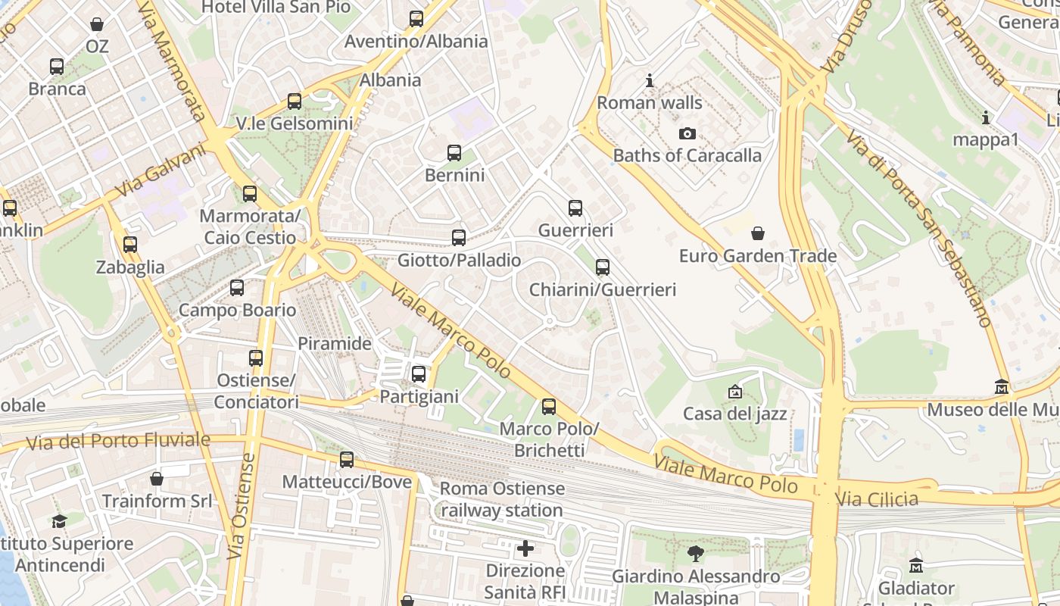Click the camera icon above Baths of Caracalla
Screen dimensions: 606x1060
[687, 134]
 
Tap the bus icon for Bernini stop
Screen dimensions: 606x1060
[454, 153]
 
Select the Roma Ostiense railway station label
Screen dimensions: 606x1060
[502, 499]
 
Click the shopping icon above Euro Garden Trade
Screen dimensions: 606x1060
[757, 233]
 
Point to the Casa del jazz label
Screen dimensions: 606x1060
[734, 414]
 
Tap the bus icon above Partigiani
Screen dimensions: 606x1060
[419, 374]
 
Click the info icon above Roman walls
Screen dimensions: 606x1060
[649, 80]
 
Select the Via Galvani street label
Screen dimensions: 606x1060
[161, 171]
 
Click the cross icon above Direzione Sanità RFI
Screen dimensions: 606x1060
[525, 548]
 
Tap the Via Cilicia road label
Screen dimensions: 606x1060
[877, 498]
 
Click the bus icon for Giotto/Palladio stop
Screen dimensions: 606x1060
[459, 238]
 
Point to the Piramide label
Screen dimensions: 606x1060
[335, 343]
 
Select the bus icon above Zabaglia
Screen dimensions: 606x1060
[130, 245]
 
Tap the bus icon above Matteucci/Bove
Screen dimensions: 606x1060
[347, 459]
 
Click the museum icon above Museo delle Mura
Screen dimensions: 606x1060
[1002, 387]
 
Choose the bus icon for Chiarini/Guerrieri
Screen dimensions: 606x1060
[603, 267]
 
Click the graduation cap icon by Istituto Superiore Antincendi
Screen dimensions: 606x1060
[59, 521]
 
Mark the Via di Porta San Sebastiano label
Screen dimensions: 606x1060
[919, 227]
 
